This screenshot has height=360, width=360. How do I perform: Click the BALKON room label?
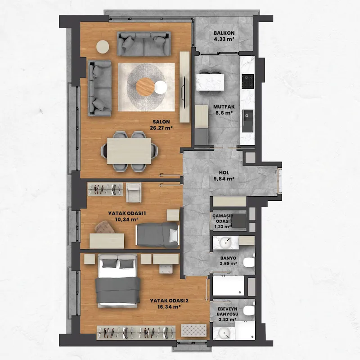pyautogui.click(x=224, y=33)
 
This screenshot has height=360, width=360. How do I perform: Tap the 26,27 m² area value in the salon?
pyautogui.click(x=161, y=128)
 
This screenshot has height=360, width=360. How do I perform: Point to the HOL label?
pyautogui.click(x=224, y=173)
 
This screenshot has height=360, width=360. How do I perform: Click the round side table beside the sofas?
pyautogui.click(x=103, y=47)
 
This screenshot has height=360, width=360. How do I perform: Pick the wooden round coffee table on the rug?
pyautogui.click(x=145, y=86)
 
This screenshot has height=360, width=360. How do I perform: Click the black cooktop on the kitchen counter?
pyautogui.click(x=248, y=81)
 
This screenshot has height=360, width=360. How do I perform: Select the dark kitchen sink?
pyautogui.click(x=248, y=121)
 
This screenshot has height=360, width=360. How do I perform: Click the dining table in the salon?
pyautogui.click(x=129, y=151)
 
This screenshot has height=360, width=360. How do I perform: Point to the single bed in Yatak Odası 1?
pyautogui.click(x=157, y=235)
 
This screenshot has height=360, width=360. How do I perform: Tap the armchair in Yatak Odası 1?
pyautogui.click(x=134, y=193)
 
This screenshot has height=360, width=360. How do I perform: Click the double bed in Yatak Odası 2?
pyautogui.click(x=117, y=280)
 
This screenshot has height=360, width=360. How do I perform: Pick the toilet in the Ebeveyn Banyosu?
pyautogui.click(x=249, y=310)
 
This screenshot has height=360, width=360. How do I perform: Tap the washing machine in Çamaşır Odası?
pyautogui.click(x=239, y=220)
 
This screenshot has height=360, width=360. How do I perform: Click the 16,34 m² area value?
pyautogui.click(x=169, y=306)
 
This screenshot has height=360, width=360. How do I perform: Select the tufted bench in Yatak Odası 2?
pyautogui.click(x=194, y=330)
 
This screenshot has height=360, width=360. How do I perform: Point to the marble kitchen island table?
pyautogui.click(x=210, y=82)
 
